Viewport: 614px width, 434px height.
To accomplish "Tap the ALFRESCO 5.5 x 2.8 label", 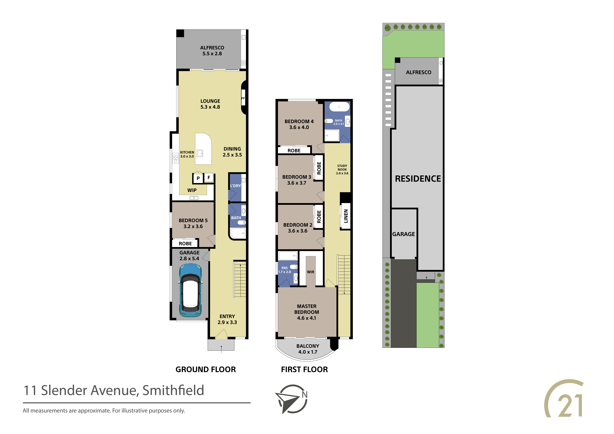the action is coord(212,51).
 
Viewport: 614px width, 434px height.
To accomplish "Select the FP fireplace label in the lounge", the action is coord(243,98).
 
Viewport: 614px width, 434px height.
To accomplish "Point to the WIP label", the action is coord(192,190).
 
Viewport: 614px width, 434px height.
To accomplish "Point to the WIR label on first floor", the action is coord(310,272).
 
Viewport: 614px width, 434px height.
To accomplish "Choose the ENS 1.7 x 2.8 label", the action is coord(285,270).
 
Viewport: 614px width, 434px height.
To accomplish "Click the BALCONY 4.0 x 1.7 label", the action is coord(308,349).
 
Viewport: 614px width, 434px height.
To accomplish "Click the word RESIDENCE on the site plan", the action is coord(418,179).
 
